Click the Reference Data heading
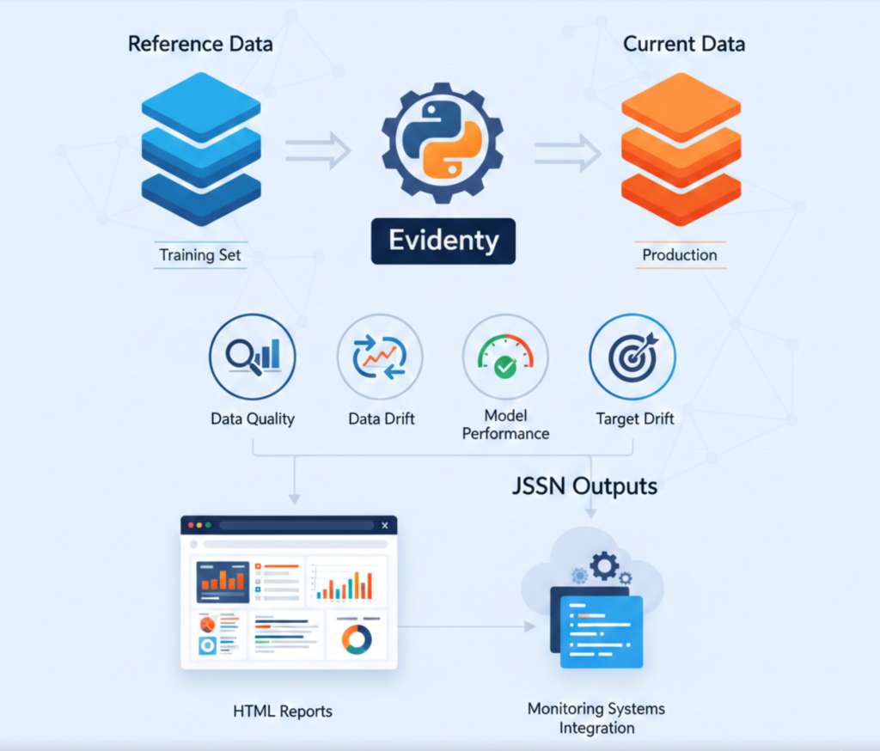[x=199, y=44]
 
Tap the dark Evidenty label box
[x=443, y=240]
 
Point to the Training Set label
[x=199, y=254]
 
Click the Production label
[x=680, y=254]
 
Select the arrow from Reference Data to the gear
[x=318, y=151]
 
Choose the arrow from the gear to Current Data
[x=566, y=151]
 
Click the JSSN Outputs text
[x=584, y=486]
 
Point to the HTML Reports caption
[x=283, y=711]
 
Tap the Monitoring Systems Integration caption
[x=596, y=718]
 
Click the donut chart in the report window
[x=356, y=638]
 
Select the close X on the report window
[x=384, y=525]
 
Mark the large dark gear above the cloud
[x=605, y=565]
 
